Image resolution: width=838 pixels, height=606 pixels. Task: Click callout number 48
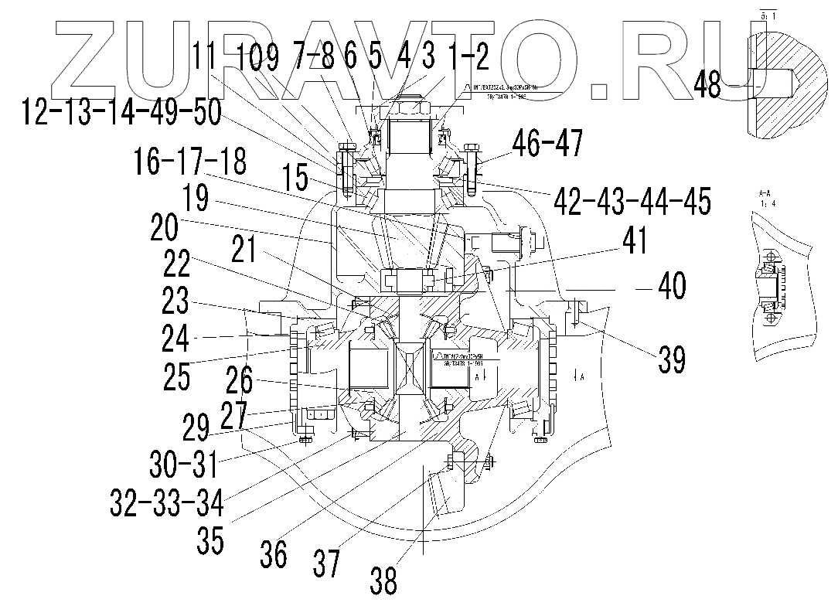(x=707, y=83)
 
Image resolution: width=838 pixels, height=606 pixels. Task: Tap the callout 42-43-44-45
(x=631, y=200)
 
